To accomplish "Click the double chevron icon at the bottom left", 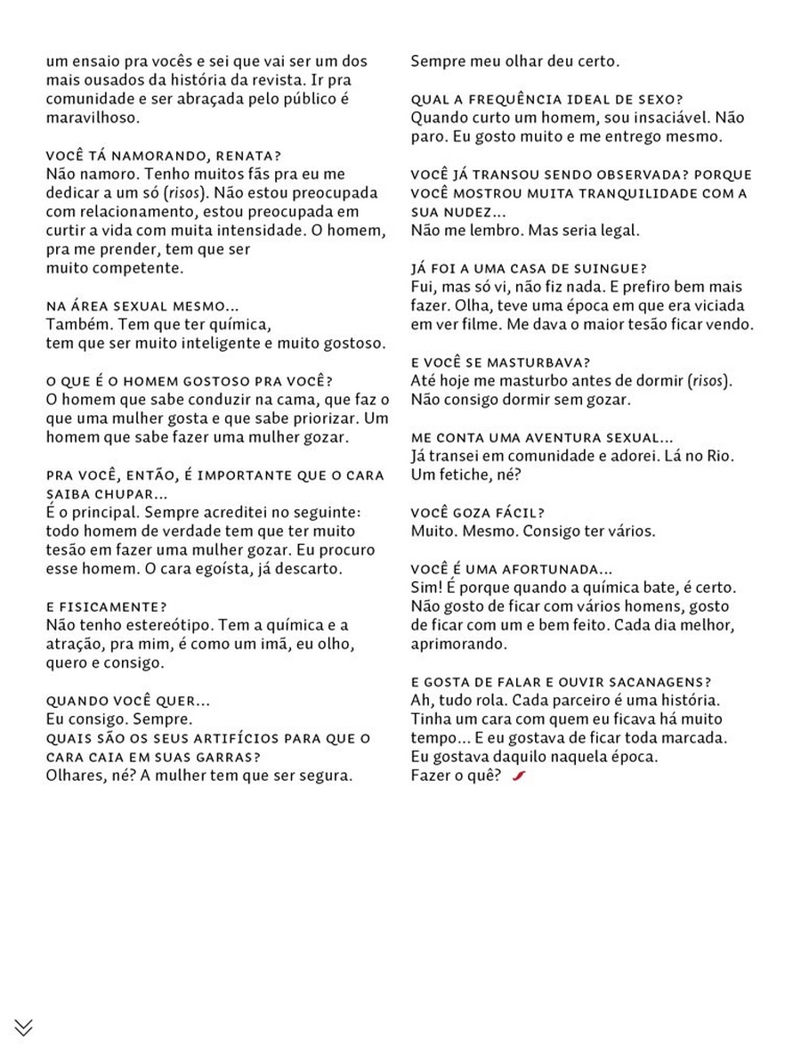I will tap(24, 1027).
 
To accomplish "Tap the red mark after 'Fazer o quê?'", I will tap(520, 776).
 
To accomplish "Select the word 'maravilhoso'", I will tap(92, 118).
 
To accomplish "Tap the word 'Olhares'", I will tap(74, 775).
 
